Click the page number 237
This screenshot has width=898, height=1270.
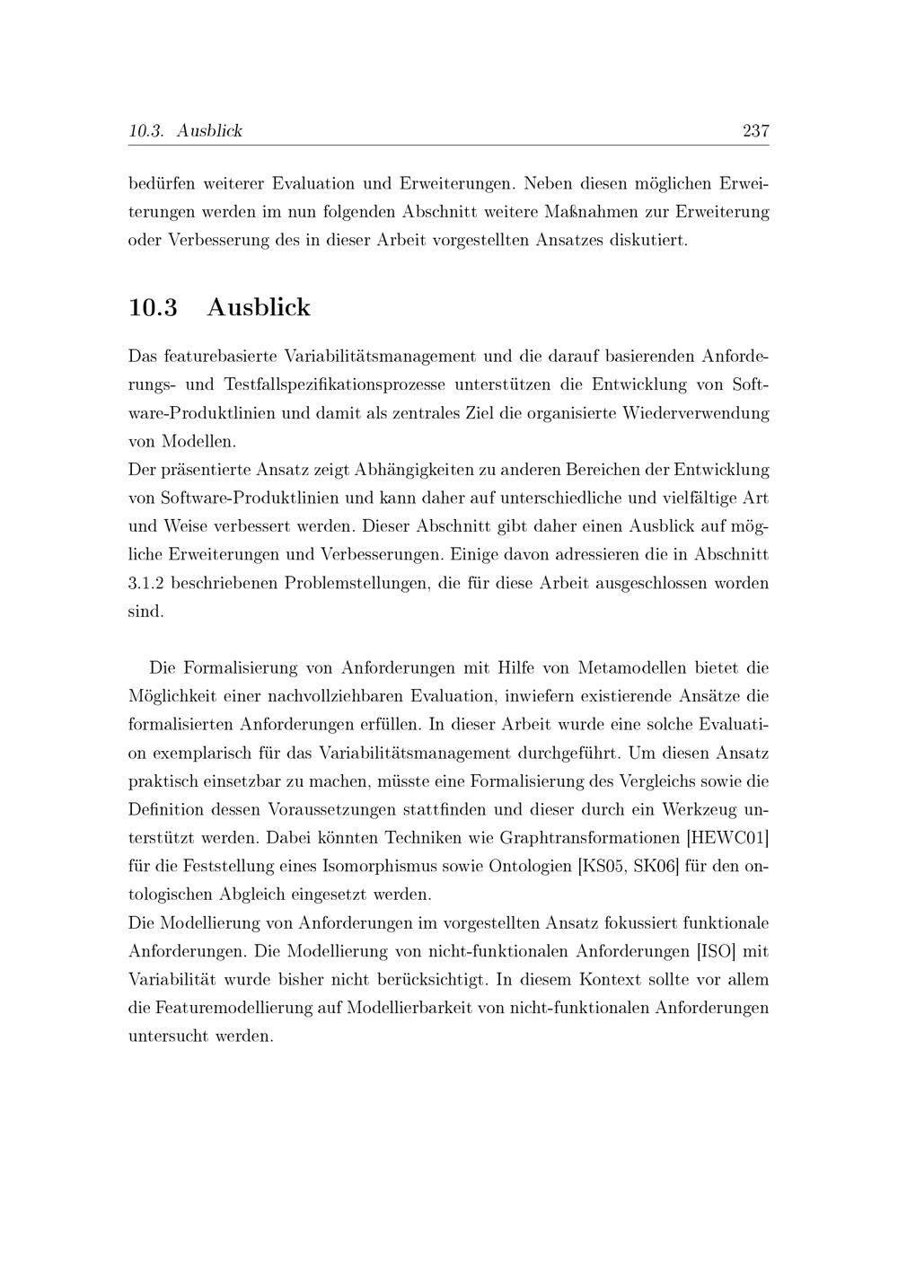pyautogui.click(x=755, y=131)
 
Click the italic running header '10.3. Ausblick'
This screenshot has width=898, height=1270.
pyautogui.click(x=185, y=131)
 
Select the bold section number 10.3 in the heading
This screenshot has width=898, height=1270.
pyautogui.click(x=154, y=307)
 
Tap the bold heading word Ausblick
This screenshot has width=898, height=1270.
pyautogui.click(x=259, y=307)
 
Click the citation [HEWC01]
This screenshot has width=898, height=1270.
pyautogui.click(x=726, y=838)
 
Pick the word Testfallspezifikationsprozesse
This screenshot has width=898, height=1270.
pyautogui.click(x=334, y=384)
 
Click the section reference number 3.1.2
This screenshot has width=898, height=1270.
pyautogui.click(x=145, y=583)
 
